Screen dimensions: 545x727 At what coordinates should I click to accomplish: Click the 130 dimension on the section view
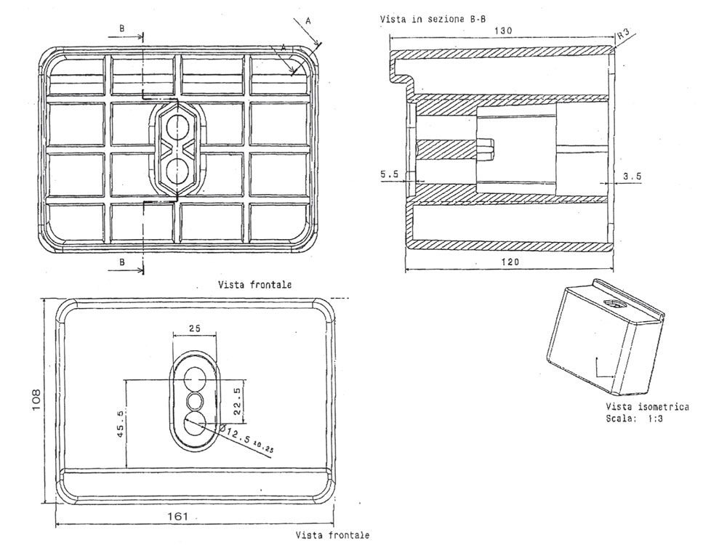pos(505,31)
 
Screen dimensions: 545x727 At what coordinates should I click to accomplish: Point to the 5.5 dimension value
pos(391,174)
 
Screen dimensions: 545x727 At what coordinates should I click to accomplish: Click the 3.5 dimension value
pos(632,175)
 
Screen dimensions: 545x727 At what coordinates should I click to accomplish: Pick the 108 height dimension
pos(36,398)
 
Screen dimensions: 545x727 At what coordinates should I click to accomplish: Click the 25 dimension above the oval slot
pos(194,328)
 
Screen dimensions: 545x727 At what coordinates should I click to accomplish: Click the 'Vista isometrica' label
pos(647,407)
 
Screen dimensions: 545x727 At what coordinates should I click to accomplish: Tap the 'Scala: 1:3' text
pos(637,419)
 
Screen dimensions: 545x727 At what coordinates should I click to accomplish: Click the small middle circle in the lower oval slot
pos(195,400)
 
